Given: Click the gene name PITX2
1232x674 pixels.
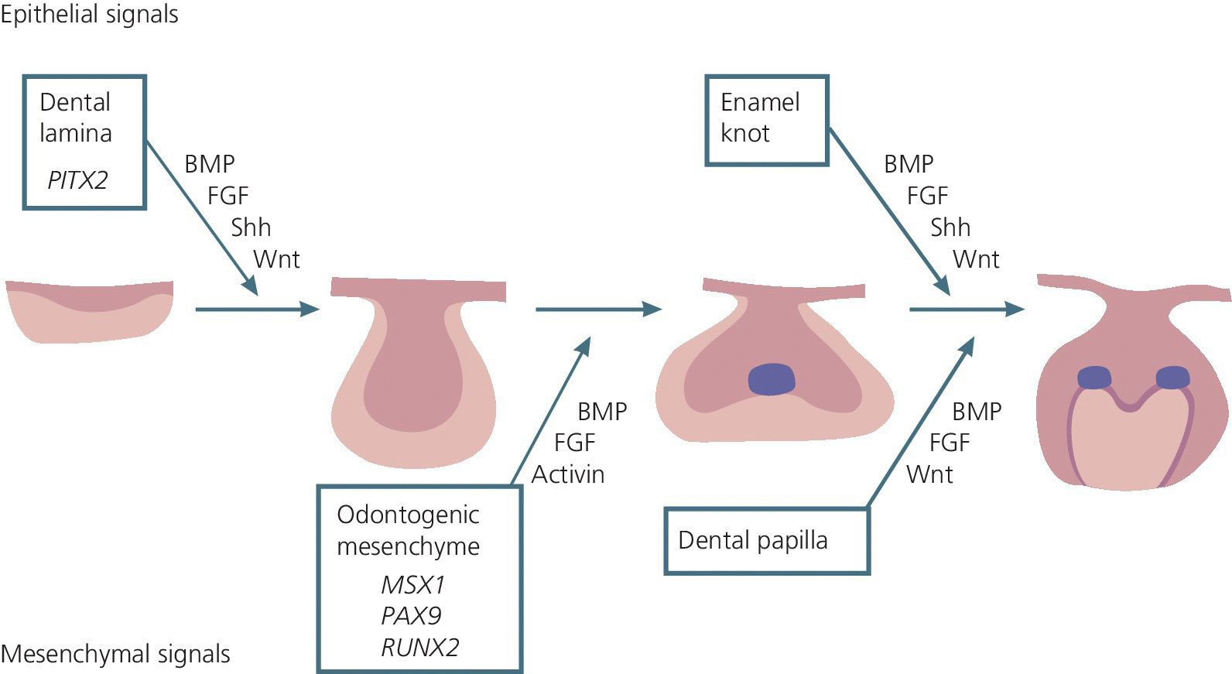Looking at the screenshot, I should point(77,180).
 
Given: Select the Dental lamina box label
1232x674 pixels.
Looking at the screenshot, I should point(76,118).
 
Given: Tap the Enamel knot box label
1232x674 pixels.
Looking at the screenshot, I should point(759,118).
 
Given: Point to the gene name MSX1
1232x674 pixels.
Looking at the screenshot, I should point(412,584).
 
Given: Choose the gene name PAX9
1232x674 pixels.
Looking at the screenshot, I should point(411,616).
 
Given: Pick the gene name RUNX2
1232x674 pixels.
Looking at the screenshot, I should point(419,648).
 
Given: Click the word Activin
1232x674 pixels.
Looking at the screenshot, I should point(567,474).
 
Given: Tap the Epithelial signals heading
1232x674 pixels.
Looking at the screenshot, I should point(89,14).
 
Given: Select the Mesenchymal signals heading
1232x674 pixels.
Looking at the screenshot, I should point(115,655).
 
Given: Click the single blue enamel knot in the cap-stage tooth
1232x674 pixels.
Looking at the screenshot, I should point(772,379).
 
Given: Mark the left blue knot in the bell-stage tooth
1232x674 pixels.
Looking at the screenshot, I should point(1094,378).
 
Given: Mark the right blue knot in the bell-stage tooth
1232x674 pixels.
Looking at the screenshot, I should point(1172,378).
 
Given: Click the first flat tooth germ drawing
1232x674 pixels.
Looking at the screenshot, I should point(89,310).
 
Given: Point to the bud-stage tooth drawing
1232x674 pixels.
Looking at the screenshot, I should point(418,371).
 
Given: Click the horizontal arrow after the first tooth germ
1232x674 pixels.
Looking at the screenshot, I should point(256,310).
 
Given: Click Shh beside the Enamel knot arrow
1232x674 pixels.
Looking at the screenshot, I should point(950,228).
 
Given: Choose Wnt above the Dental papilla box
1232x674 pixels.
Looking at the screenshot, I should point(929,474).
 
